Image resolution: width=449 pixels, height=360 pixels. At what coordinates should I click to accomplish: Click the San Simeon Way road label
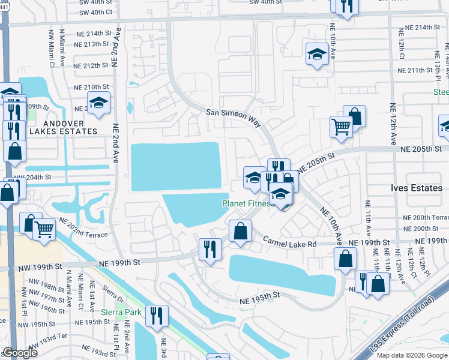click(x=234, y=117)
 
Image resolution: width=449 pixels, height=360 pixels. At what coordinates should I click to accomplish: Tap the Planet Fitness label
click(x=248, y=203)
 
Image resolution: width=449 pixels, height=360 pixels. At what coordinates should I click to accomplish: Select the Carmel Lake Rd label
click(x=290, y=241)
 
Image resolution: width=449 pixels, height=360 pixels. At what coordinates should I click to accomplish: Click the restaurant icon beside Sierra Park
click(x=157, y=316)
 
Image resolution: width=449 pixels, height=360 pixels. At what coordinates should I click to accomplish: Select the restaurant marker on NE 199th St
click(x=210, y=249)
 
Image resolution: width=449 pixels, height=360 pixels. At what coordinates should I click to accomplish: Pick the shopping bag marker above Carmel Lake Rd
click(x=240, y=232)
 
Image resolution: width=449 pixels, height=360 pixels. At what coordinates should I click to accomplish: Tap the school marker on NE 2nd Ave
click(x=99, y=103)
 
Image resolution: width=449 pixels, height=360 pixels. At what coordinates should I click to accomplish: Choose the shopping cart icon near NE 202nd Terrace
click(x=44, y=229)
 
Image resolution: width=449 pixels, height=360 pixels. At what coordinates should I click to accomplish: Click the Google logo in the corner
click(x=20, y=353)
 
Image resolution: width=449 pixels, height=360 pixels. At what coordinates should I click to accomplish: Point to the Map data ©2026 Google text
click(x=411, y=355)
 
